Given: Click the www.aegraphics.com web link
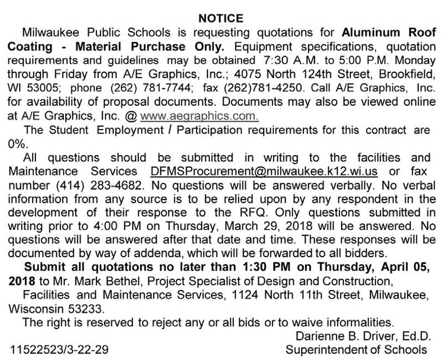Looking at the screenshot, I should (200, 116).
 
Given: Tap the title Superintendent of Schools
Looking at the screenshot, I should (357, 349).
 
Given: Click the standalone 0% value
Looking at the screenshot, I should (18, 142).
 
